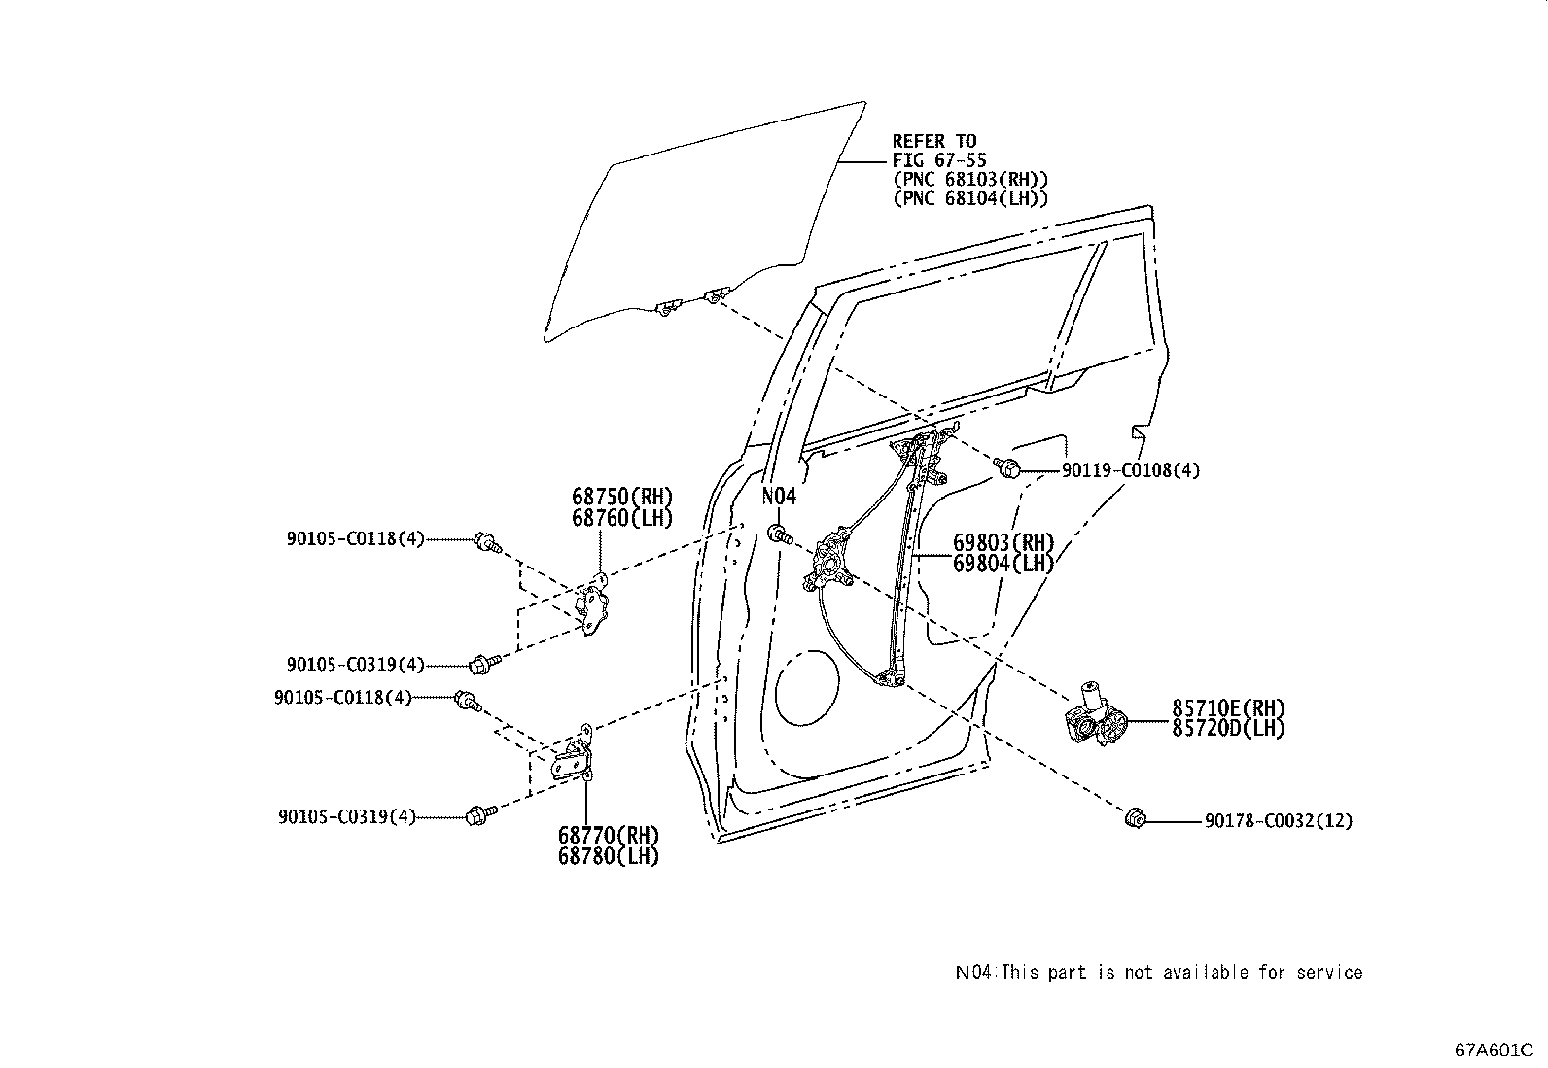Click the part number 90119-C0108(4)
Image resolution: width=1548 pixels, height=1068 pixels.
[x=1130, y=471]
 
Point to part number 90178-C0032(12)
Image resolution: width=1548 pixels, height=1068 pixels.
[x=1278, y=821]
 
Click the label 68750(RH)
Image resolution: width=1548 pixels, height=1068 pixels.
[x=622, y=498]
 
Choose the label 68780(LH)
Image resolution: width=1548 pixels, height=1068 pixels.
[x=609, y=856]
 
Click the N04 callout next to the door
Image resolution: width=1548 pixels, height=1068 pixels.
[x=779, y=497]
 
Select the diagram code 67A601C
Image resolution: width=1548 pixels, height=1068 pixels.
[x=1494, y=1051]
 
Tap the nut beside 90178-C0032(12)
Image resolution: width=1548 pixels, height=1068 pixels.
[x=1133, y=820]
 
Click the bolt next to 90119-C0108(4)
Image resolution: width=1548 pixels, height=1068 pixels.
[x=1009, y=468]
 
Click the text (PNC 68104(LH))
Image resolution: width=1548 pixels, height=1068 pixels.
[x=970, y=198]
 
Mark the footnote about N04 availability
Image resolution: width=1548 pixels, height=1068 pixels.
[x=1158, y=972]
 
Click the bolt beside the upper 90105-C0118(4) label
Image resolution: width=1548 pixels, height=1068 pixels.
[x=486, y=542]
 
